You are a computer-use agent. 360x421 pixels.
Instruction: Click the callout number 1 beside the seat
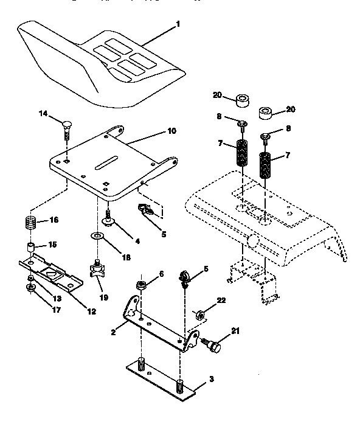178,26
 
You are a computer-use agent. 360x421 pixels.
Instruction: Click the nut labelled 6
140,285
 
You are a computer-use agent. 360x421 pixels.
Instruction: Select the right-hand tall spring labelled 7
265,165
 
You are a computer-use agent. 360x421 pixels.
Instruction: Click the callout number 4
137,240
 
